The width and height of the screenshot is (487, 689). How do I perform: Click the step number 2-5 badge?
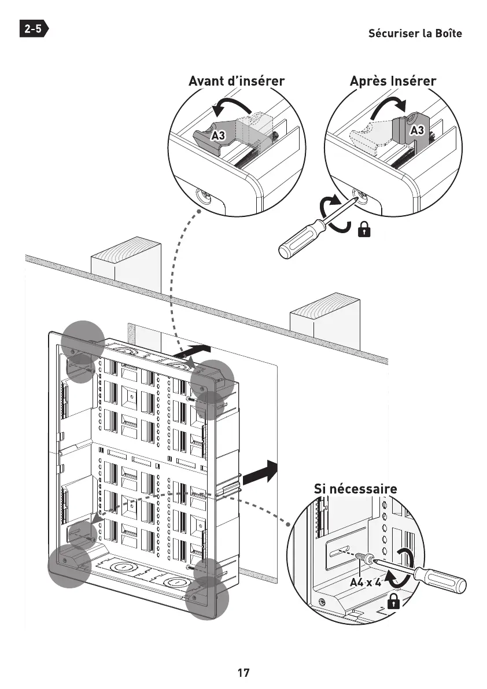(34, 29)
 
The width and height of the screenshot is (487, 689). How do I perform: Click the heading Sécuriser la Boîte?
(415, 33)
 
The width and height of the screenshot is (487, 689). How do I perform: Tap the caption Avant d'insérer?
(237, 81)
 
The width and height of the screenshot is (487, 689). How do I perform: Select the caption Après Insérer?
(393, 81)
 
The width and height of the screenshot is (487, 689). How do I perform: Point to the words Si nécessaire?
(355, 489)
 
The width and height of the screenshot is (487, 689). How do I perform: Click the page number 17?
(244, 673)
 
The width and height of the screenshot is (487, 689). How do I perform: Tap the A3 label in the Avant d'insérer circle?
(218, 136)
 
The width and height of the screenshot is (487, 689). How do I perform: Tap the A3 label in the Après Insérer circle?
(418, 131)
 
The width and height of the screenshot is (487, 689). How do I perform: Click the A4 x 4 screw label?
(366, 581)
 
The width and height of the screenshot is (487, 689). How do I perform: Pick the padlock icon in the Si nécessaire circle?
(394, 602)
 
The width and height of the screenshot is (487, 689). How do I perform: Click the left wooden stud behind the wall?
(125, 263)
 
